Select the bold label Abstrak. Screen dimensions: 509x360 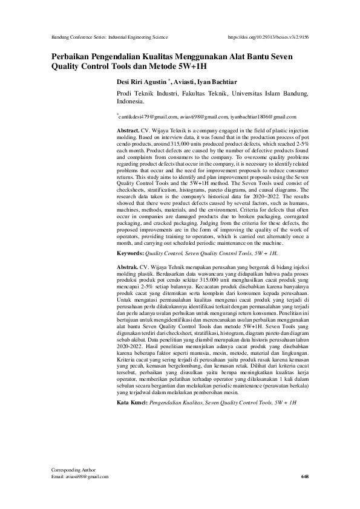pyautogui.click(x=127, y=266)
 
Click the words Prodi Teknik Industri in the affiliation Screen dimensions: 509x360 pyautogui.click(x=145, y=94)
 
